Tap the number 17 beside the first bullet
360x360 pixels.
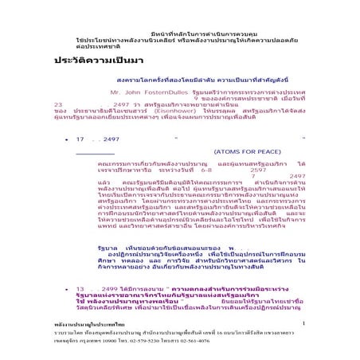(x=80, y=139)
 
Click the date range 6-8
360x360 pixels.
(x=206, y=169)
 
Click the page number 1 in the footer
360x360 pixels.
(x=305, y=323)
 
